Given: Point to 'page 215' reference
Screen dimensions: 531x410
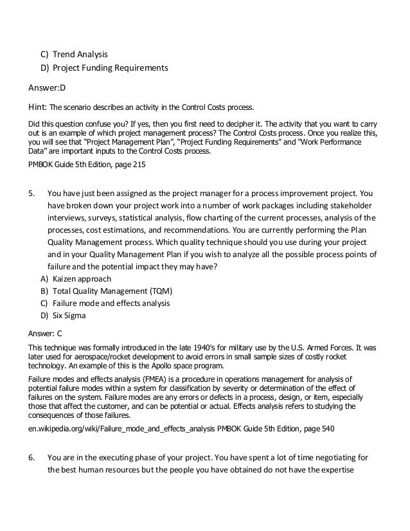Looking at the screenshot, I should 132,165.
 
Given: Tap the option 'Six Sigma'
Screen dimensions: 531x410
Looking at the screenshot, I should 69,315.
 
